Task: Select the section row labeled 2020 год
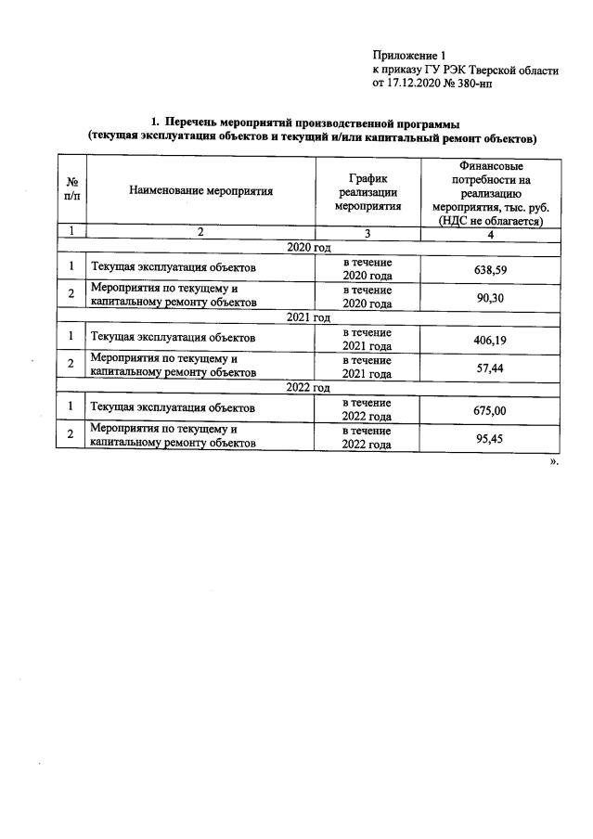click(x=309, y=248)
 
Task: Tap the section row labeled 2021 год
click(x=309, y=317)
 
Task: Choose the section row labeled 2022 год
click(x=309, y=388)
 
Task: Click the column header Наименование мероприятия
click(x=201, y=191)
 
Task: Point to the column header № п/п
click(x=71, y=191)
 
